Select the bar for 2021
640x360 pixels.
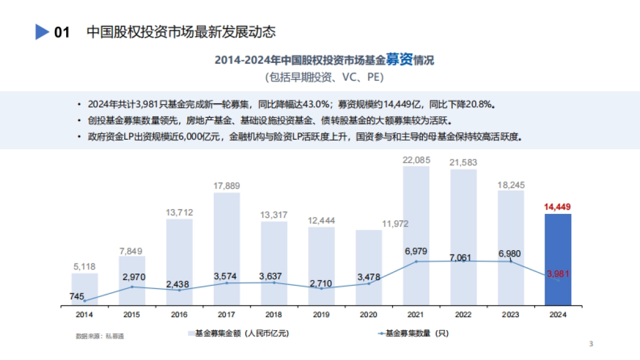coord(416,213)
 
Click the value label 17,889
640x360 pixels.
coord(227,186)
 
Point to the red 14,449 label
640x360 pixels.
coord(557,206)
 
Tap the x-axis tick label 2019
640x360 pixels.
coord(322,315)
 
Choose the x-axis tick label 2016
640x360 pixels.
coord(179,315)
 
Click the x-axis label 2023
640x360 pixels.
coord(511,315)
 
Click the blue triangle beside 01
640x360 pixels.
coord(42,32)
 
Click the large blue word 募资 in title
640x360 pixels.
coord(401,60)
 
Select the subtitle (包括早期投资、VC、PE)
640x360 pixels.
coord(324,77)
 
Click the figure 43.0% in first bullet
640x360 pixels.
coord(317,103)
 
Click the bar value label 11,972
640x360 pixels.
coord(396,223)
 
